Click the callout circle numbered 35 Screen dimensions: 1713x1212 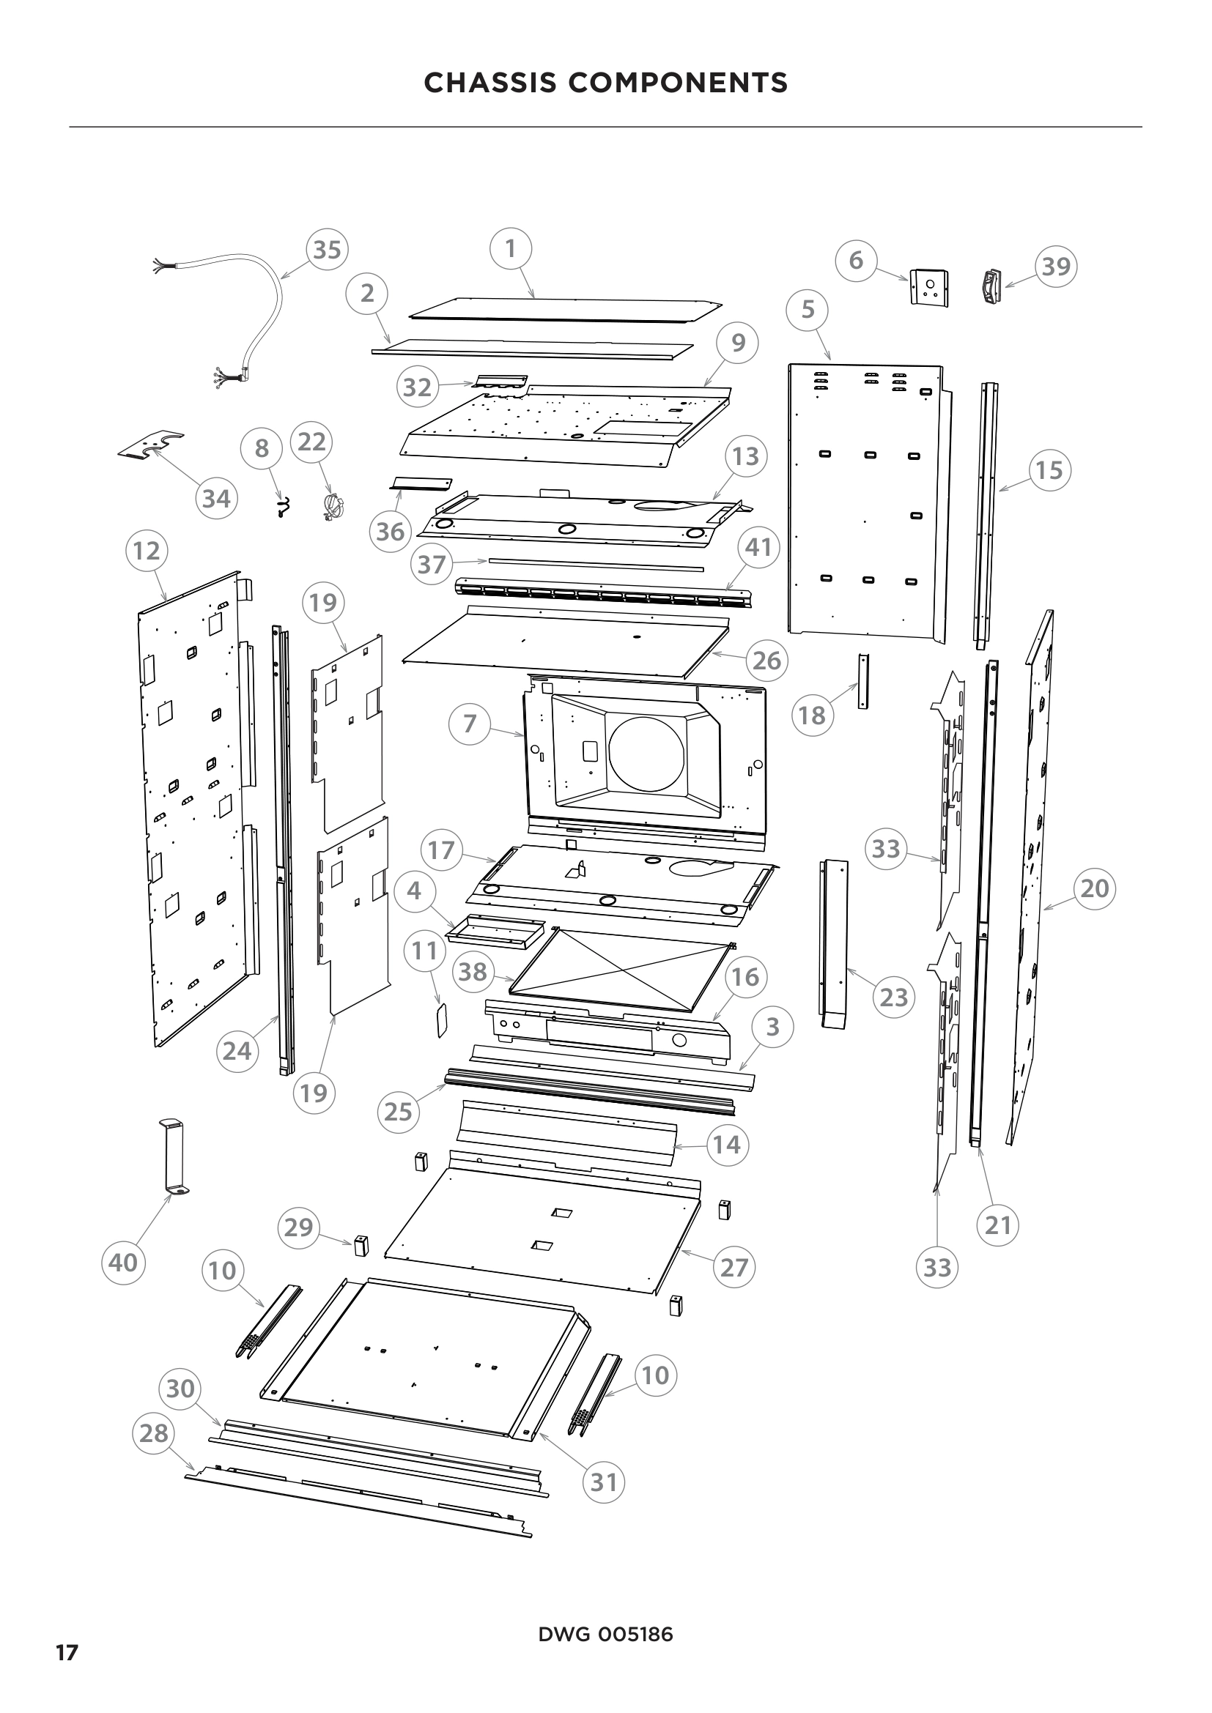coord(327,250)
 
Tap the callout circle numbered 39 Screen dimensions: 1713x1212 coord(1056,267)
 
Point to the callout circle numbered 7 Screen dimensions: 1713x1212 coord(470,723)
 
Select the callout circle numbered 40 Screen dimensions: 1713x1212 coord(122,1263)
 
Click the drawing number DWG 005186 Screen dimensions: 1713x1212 coord(605,1634)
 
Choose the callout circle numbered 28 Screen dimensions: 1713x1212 coord(154,1433)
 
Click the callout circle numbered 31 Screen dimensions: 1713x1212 coord(604,1482)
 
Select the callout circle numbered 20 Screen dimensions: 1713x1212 coord(1094,888)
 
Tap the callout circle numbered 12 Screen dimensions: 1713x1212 coord(147,551)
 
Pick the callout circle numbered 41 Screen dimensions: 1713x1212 coord(758,548)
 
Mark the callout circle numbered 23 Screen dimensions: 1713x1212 coord(893,997)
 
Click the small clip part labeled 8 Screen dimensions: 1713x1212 coord(283,508)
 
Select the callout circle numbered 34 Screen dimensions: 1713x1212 coord(216,499)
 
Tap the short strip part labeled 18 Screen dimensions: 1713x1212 coord(863,681)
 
